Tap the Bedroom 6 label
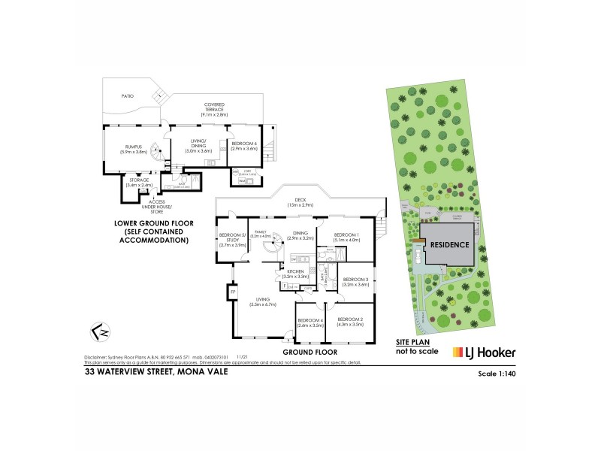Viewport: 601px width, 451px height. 244,146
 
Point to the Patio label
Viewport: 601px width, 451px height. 127,95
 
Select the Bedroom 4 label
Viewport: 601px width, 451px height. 310,322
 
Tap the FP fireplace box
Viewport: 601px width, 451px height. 233,291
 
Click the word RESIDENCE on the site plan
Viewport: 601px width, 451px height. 451,244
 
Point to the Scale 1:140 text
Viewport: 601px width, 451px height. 498,373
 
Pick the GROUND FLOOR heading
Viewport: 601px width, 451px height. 310,351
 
